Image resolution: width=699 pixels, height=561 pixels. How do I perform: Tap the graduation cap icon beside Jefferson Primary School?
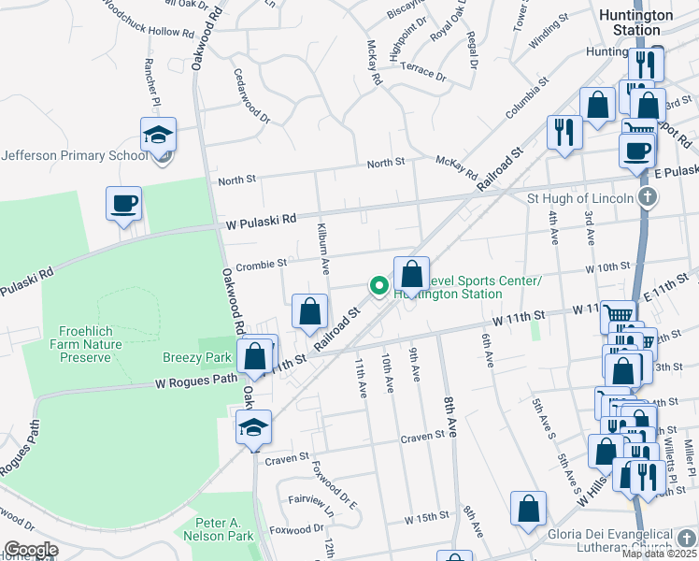pyautogui.click(x=159, y=135)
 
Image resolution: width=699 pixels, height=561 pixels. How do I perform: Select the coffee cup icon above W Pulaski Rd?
pyautogui.click(x=124, y=203)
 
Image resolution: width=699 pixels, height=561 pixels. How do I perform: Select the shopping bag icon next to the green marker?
pyautogui.click(x=411, y=275)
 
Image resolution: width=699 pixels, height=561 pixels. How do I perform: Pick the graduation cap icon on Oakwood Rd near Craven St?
pyautogui.click(x=253, y=427)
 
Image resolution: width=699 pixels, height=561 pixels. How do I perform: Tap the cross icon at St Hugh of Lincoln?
pyautogui.click(x=647, y=197)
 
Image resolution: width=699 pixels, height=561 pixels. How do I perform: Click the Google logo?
pyautogui.click(x=31, y=550)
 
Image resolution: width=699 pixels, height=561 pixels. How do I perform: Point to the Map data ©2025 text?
pyautogui.click(x=659, y=554)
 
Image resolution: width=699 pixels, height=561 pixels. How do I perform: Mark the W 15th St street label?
pyautogui.click(x=427, y=518)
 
